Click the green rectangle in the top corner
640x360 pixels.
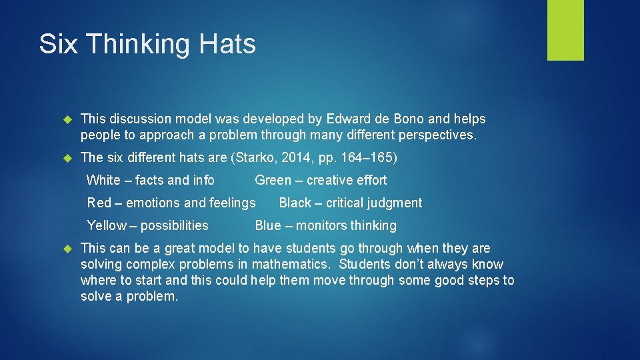click(565, 30)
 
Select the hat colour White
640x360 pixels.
click(103, 180)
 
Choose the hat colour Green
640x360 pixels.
click(273, 180)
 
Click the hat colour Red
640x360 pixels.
click(99, 203)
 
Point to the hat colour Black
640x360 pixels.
click(295, 203)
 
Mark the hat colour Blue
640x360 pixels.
click(268, 225)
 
